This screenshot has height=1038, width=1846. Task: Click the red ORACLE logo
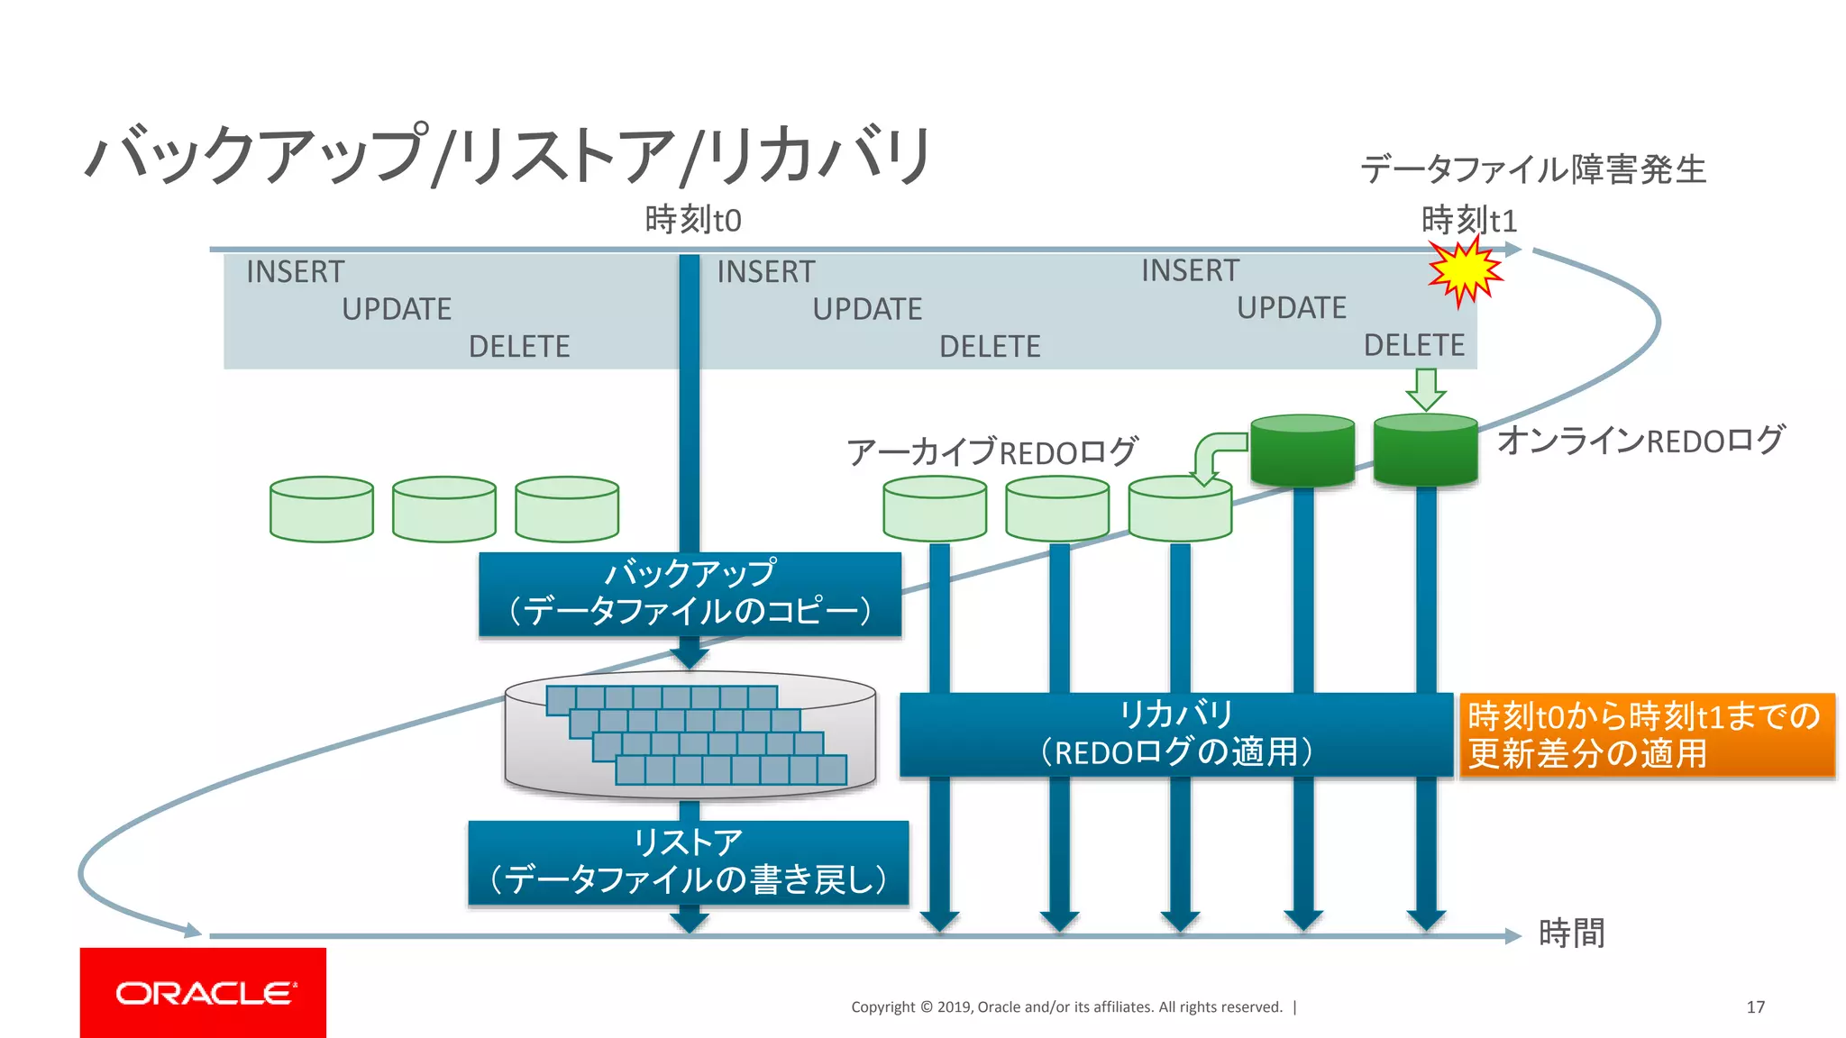pos(203,992)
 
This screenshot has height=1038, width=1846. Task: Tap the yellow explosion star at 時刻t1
pos(1465,271)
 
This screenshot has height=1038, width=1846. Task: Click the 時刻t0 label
pos(692,220)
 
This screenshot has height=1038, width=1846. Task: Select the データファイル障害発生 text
pos(1532,169)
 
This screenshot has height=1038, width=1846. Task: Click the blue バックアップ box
pos(690,594)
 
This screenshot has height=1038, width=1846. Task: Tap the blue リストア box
pos(688,861)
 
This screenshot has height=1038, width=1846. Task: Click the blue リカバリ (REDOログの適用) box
pos(1175,734)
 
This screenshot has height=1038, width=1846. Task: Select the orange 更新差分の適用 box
pos(1646,735)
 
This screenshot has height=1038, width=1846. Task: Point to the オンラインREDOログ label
pos(1640,440)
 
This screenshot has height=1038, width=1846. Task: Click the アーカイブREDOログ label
pos(992,451)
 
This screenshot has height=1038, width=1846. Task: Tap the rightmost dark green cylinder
pos(1425,451)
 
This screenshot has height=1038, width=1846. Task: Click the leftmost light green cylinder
pos(322,509)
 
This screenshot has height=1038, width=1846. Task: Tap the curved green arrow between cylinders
pos(1217,456)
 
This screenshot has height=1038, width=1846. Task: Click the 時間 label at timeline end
pos(1571,933)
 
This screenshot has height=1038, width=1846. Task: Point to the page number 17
pos(1755,1007)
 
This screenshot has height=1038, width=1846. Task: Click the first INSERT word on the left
pos(295,272)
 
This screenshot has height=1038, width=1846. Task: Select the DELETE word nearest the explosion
pos(1413,345)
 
